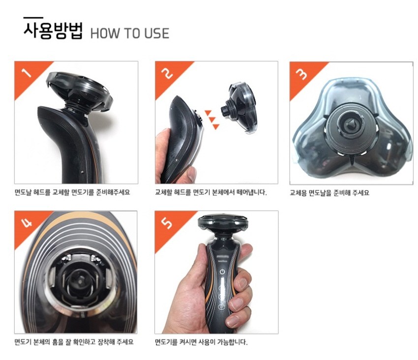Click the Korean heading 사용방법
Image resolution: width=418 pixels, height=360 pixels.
(x=53, y=31)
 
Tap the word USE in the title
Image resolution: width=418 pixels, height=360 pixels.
(x=157, y=33)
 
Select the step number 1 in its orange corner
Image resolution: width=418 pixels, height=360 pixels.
(x=27, y=72)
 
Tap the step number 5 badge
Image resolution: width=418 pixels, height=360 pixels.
(x=167, y=223)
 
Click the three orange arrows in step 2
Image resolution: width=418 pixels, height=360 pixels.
(x=212, y=120)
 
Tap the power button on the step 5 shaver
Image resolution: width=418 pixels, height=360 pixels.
(x=222, y=272)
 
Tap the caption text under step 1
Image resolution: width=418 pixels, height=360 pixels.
(x=72, y=192)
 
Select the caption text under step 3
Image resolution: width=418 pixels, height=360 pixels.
(x=329, y=192)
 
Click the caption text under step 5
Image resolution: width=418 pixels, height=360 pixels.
(x=201, y=342)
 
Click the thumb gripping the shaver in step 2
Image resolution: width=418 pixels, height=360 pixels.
(x=191, y=175)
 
